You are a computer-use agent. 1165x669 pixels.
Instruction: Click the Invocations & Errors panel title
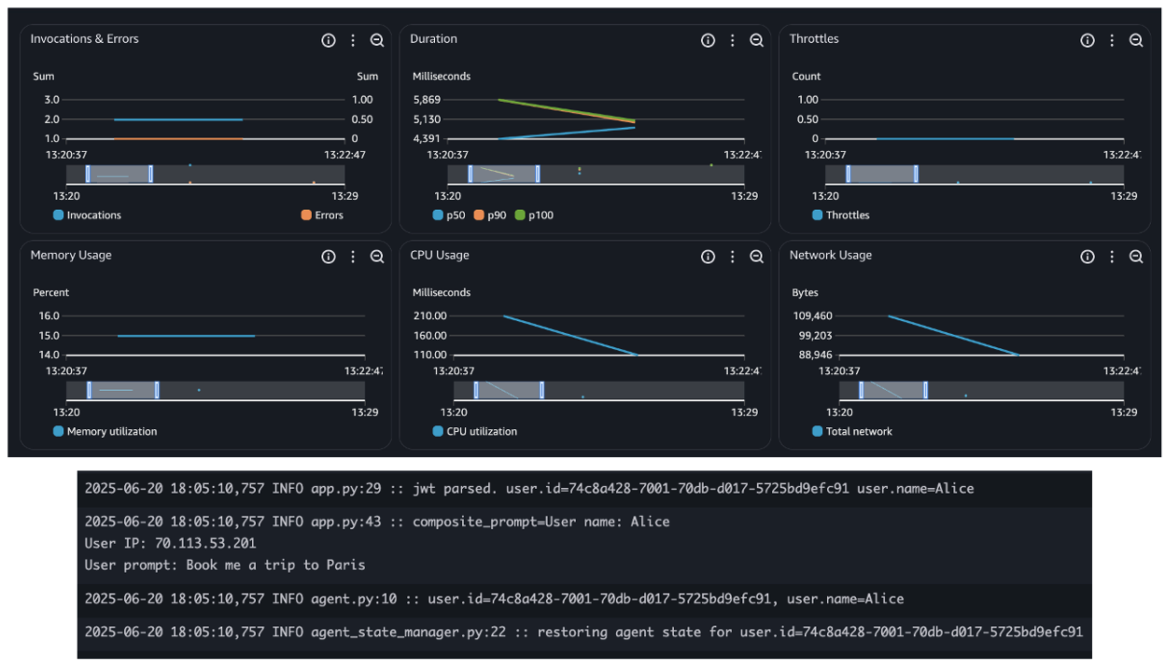[x=84, y=39]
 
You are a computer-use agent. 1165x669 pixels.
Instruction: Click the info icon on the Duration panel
[x=708, y=40]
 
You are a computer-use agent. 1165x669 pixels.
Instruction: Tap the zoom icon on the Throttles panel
[x=1136, y=40]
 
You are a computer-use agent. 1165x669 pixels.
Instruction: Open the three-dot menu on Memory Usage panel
[x=353, y=257]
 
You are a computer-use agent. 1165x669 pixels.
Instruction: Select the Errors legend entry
[x=321, y=216]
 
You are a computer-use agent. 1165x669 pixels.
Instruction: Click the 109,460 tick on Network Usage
[x=812, y=316]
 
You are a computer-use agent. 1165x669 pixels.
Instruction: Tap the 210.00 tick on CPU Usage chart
[x=429, y=316]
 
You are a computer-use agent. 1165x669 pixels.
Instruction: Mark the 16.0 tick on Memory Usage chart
[x=49, y=316]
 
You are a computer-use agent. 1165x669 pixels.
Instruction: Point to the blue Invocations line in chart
[x=177, y=119]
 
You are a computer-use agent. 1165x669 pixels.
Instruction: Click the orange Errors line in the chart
[x=177, y=139]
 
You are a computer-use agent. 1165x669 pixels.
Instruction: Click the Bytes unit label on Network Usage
[x=805, y=293]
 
